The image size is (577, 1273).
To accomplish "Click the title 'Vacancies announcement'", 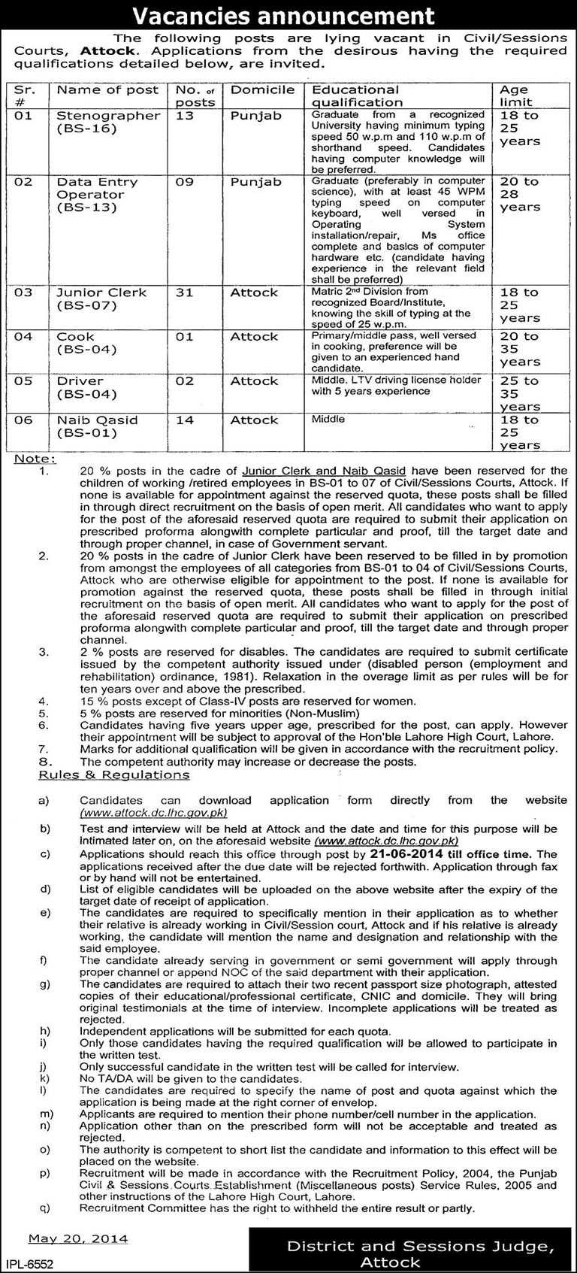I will click(288, 16).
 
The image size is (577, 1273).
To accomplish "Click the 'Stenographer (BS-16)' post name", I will click(108, 122).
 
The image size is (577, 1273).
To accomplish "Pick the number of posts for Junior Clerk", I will click(184, 292).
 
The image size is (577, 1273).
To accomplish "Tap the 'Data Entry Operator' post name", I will click(98, 194).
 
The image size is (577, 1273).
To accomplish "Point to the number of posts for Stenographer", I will click(184, 116).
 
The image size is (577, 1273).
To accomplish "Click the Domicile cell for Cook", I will click(254, 337).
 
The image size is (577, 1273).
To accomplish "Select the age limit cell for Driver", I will click(521, 393).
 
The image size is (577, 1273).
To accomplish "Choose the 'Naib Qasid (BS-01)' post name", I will click(97, 426).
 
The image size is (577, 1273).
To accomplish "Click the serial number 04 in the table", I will click(23, 337).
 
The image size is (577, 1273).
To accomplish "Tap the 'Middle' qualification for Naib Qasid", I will click(328, 419).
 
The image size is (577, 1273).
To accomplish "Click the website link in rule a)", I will click(153, 813).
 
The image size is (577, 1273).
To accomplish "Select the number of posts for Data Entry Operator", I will click(184, 182).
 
